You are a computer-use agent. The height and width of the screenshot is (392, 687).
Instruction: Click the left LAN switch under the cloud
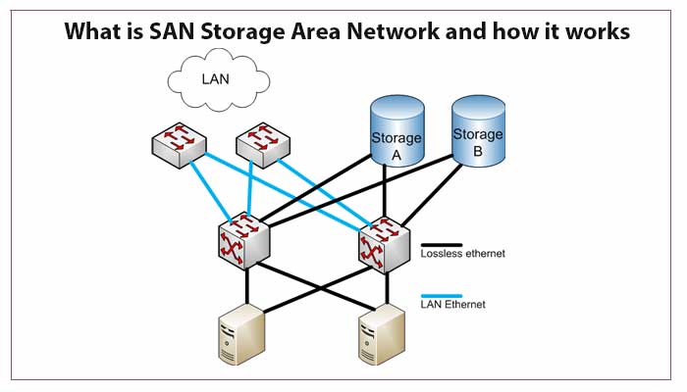180,145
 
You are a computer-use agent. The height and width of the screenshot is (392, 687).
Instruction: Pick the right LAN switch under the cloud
263,145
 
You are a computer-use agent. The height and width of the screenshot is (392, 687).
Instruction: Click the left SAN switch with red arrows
244,241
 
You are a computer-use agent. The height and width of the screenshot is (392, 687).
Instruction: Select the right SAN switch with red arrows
383,244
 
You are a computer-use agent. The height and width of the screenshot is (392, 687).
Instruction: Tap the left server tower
238,332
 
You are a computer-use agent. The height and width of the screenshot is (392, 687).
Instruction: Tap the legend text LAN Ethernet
453,306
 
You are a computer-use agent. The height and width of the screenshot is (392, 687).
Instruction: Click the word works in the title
596,32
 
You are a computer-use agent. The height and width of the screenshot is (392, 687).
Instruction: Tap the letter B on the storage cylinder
478,151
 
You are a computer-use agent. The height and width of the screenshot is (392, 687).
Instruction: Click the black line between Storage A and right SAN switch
385,196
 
